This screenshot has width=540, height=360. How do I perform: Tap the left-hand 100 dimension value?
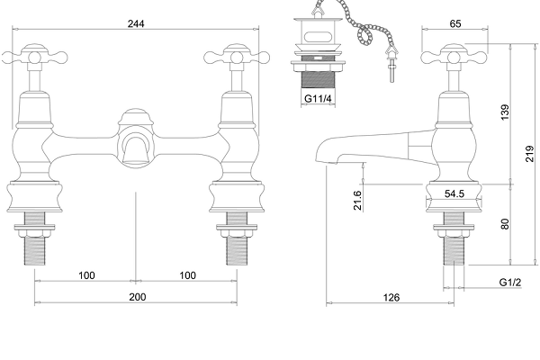tap(85, 274)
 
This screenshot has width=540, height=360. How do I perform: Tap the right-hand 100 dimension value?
tap(187, 274)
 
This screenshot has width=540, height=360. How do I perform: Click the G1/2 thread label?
tap(510, 283)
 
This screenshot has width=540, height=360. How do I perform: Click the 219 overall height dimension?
tap(529, 154)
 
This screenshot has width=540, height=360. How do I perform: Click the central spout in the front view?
tap(135, 144)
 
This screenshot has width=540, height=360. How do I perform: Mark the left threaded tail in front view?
tap(35, 243)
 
